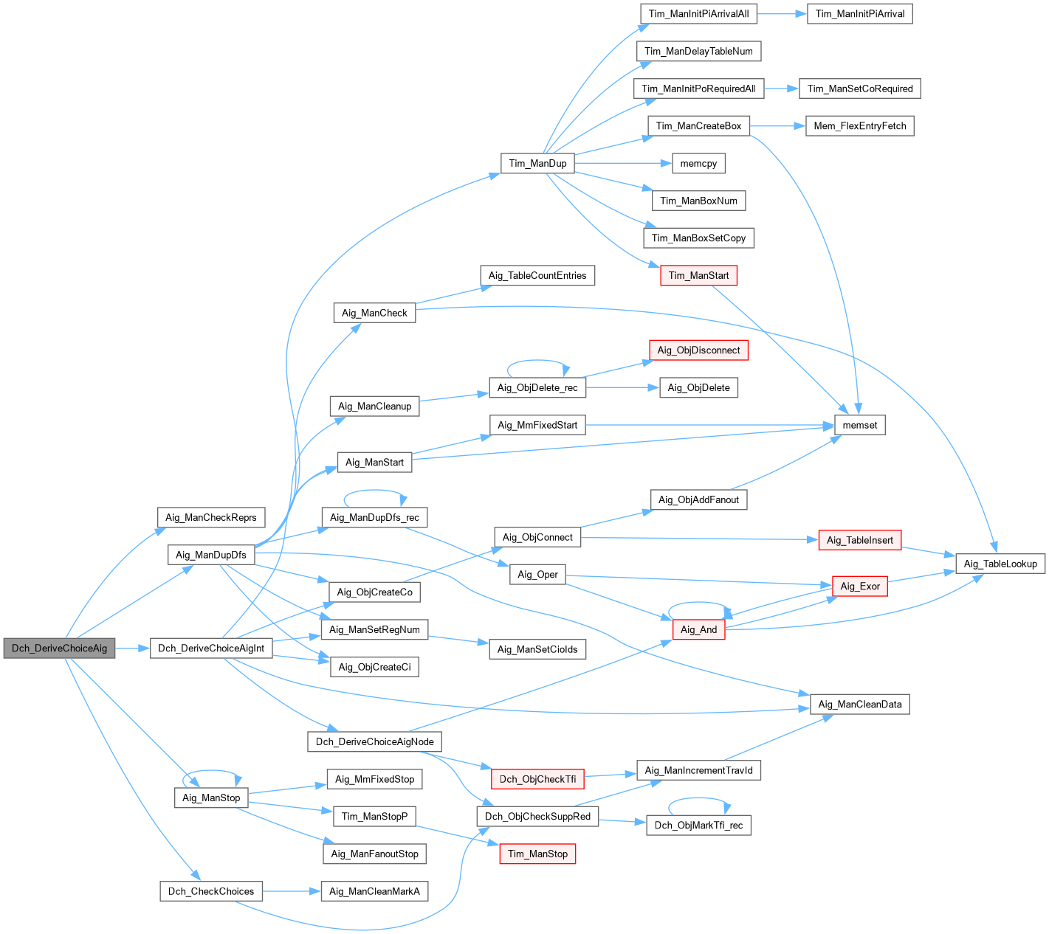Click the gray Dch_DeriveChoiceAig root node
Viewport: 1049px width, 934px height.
pyautogui.click(x=59, y=648)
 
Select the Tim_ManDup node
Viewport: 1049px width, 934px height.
pyautogui.click(x=537, y=163)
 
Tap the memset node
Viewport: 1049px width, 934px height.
pyautogui.click(x=859, y=425)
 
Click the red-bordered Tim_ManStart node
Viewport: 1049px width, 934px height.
pyautogui.click(x=698, y=276)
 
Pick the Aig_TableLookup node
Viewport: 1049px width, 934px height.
pyautogui.click(x=1000, y=564)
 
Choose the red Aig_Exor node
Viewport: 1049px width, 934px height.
pyautogui.click(x=859, y=587)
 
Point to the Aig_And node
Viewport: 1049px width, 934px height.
pyautogui.click(x=698, y=629)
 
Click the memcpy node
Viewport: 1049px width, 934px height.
pyautogui.click(x=698, y=163)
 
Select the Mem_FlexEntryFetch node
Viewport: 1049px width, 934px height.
pyautogui.click(x=859, y=126)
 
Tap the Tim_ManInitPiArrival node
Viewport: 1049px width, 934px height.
pyautogui.click(x=859, y=14)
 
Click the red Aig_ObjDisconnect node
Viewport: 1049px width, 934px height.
pyautogui.click(x=698, y=350)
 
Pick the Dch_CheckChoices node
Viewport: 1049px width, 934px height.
pyautogui.click(x=210, y=891)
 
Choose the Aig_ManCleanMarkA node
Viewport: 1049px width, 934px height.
pyautogui.click(x=374, y=891)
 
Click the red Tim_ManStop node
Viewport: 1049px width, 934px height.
pyautogui.click(x=537, y=854)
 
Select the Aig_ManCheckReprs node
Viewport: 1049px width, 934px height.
pyautogui.click(x=210, y=517)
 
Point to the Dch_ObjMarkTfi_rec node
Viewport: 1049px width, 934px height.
pyautogui.click(x=698, y=826)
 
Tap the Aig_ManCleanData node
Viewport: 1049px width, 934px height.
pyautogui.click(x=859, y=705)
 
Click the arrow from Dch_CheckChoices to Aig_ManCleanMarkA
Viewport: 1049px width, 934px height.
pyautogui.click(x=292, y=891)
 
